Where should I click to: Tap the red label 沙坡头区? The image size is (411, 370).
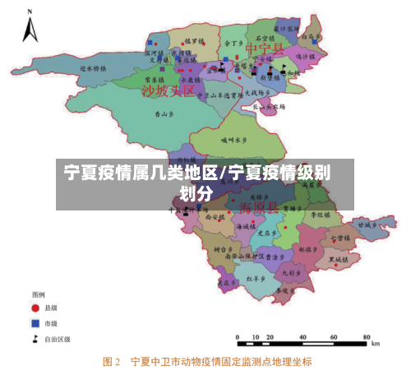pyautogui.click(x=169, y=90)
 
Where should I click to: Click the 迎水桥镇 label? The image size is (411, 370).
pyautogui.click(x=94, y=68)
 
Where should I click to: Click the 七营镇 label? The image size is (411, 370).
pyautogui.click(x=340, y=238)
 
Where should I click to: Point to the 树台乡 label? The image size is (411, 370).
pyautogui.click(x=224, y=247)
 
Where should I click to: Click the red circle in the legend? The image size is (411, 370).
pyautogui.click(x=36, y=307)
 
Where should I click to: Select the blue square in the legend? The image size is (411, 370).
pyautogui.click(x=36, y=322)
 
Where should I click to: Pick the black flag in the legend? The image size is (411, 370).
pyautogui.click(x=36, y=338)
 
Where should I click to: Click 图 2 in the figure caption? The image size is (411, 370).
pyautogui.click(x=111, y=360)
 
